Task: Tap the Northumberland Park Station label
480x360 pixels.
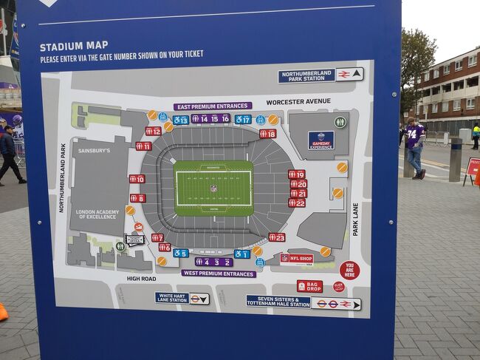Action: pyautogui.click(x=306, y=75)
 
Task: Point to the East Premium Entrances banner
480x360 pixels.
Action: pyautogui.click(x=213, y=106)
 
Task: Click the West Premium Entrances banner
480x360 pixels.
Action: pyautogui.click(x=219, y=273)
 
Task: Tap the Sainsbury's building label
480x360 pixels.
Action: pyautogui.click(x=95, y=151)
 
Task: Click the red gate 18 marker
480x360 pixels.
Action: pyautogui.click(x=267, y=134)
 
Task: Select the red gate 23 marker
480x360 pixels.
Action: pyautogui.click(x=276, y=237)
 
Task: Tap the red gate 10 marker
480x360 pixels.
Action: pyautogui.click(x=137, y=179)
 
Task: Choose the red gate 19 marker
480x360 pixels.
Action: pyautogui.click(x=296, y=174)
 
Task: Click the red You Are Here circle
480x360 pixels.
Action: pyautogui.click(x=349, y=270)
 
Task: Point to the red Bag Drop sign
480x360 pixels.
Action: pyautogui.click(x=309, y=286)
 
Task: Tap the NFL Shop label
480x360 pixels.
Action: pyautogui.click(x=296, y=259)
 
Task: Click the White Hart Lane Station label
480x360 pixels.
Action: pyautogui.click(x=172, y=298)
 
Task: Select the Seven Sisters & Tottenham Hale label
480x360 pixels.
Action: pyautogui.click(x=278, y=302)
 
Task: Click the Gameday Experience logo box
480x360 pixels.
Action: pyautogui.click(x=320, y=140)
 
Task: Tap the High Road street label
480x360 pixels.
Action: pyautogui.click(x=141, y=279)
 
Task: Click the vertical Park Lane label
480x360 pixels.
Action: pyautogui.click(x=355, y=220)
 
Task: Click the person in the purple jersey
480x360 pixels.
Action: pyautogui.click(x=414, y=146)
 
